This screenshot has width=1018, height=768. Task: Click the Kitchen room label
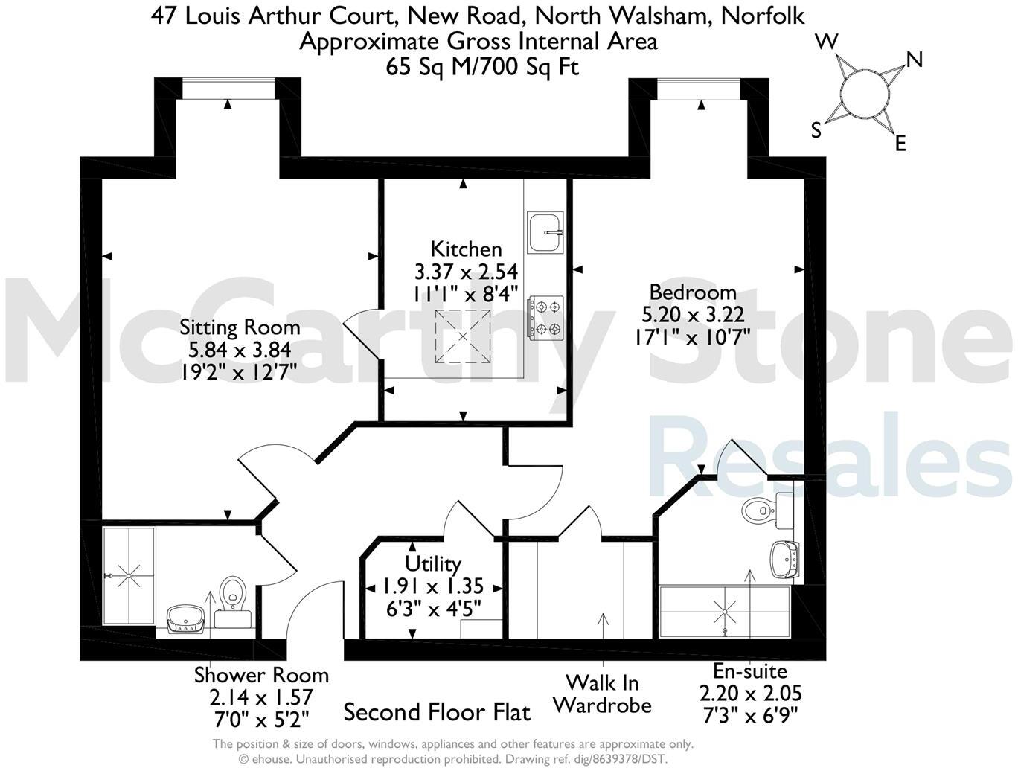[466, 249]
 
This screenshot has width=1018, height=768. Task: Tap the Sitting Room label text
[240, 327]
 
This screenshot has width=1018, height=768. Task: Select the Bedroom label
[693, 292]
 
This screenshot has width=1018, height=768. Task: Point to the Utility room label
[433, 563]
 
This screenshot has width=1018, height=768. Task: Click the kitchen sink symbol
[545, 231]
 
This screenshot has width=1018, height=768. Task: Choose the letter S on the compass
[816, 131]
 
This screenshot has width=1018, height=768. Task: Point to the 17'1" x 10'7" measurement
[692, 337]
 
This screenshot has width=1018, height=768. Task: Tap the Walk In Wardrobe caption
[602, 694]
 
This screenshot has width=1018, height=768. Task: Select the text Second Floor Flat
[437, 712]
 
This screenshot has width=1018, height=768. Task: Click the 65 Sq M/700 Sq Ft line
[482, 66]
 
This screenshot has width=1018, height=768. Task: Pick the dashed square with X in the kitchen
[463, 336]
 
